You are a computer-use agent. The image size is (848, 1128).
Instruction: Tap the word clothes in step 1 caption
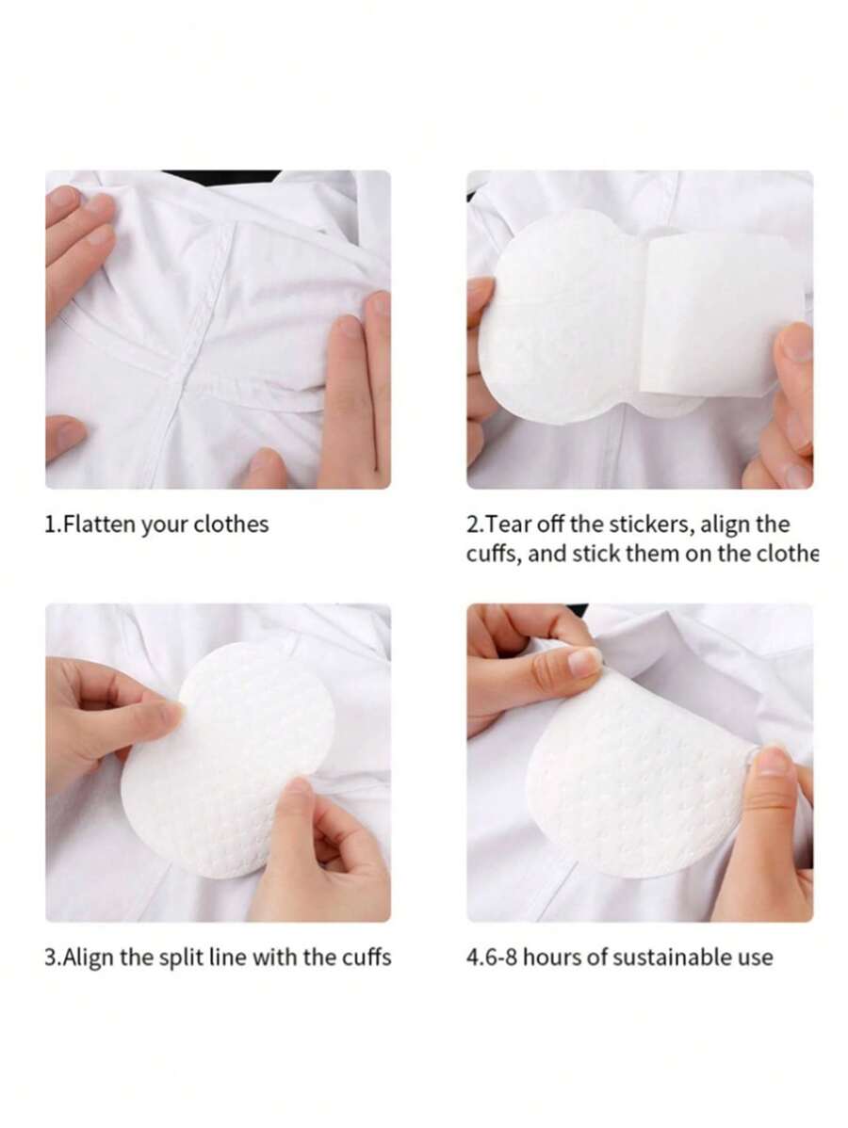pyautogui.click(x=231, y=524)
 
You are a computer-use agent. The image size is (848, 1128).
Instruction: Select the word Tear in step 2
pyautogui.click(x=510, y=524)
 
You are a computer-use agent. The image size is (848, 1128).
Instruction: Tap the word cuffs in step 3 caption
pyautogui.click(x=363, y=958)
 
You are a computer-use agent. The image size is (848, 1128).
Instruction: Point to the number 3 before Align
pyautogui.click(x=51, y=958)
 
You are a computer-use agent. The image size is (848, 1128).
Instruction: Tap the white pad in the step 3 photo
pyautogui.click(x=226, y=763)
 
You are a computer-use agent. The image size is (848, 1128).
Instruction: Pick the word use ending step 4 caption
pyautogui.click(x=754, y=958)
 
